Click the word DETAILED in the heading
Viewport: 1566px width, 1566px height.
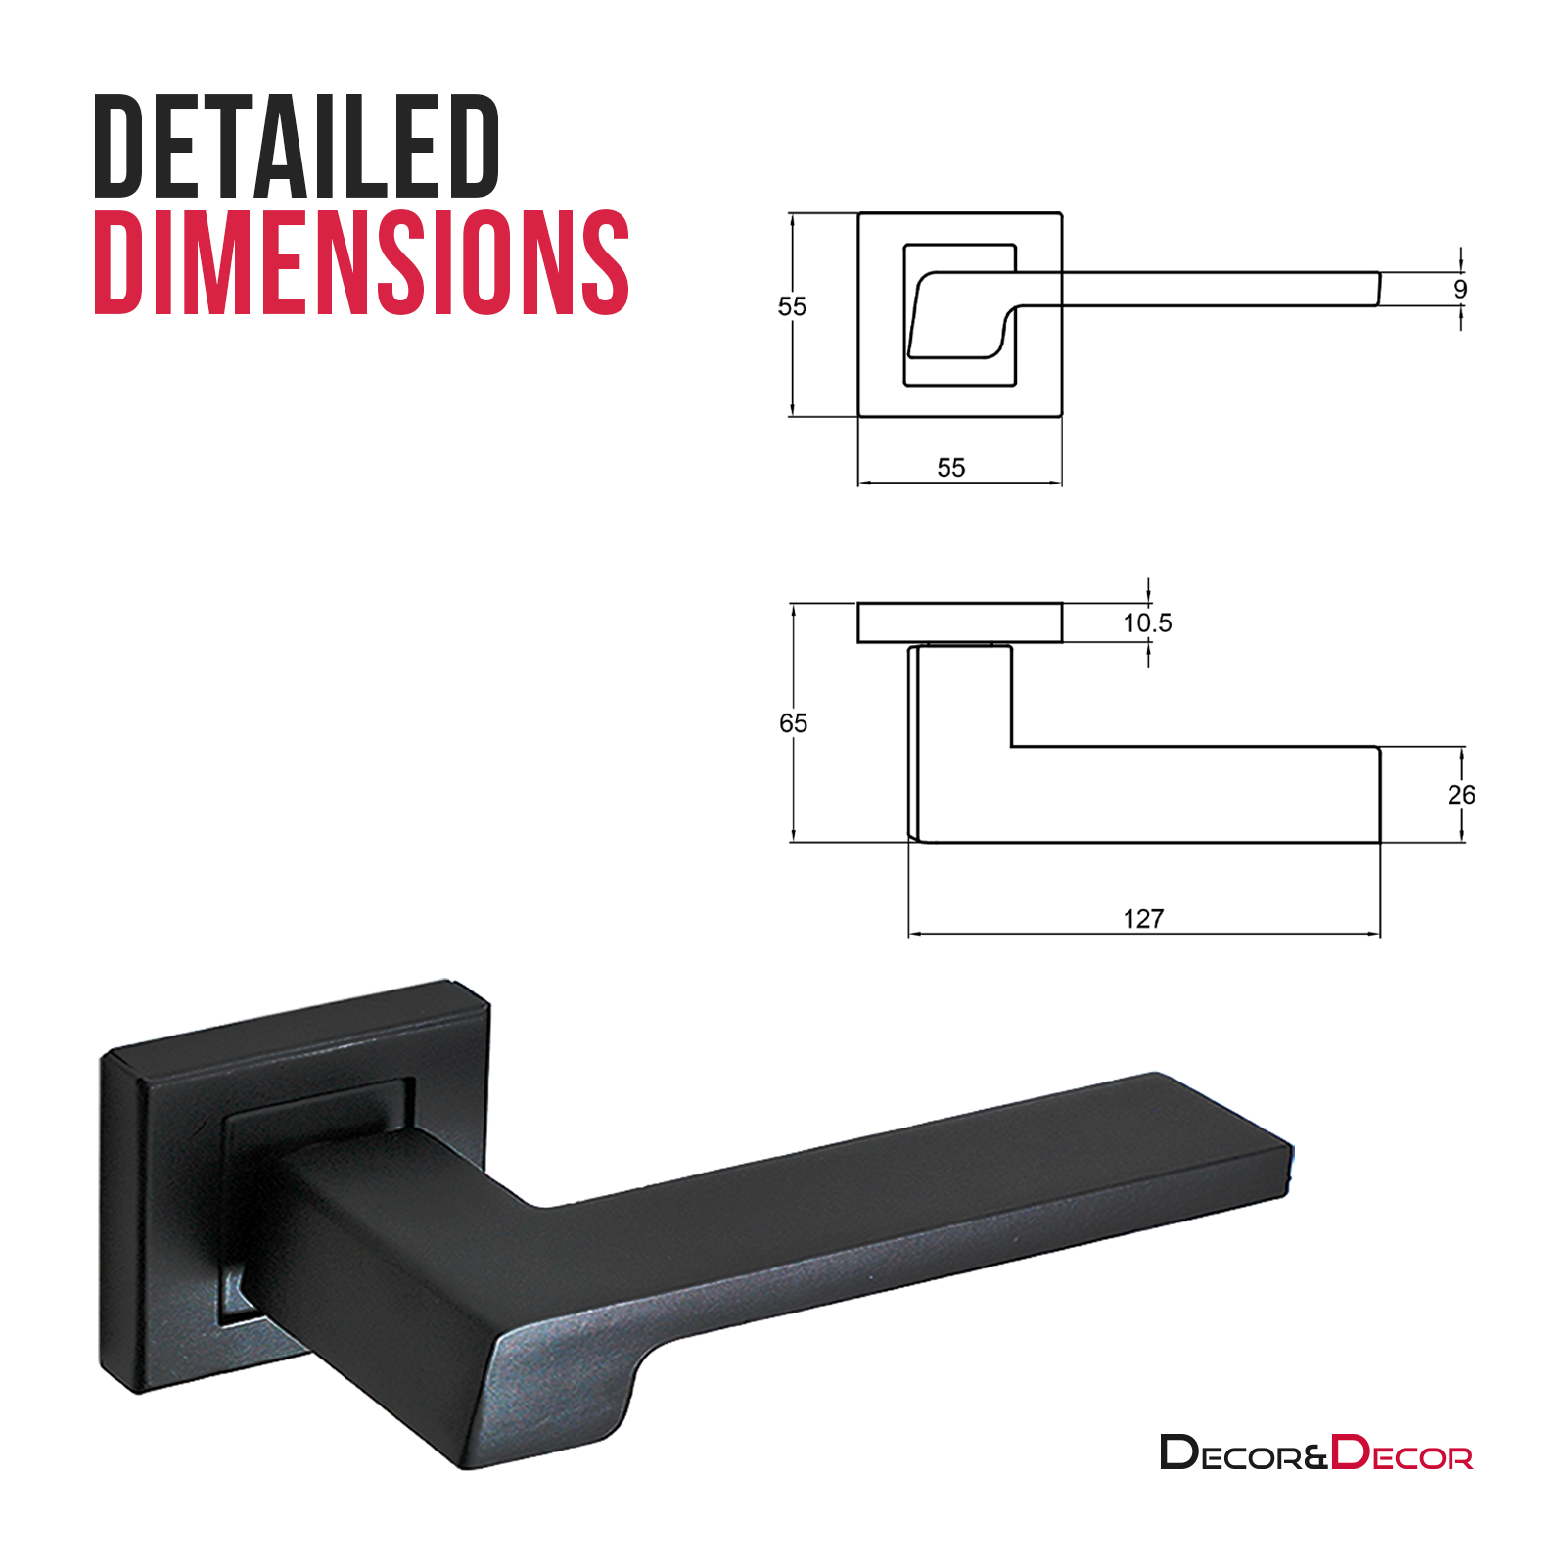(297, 146)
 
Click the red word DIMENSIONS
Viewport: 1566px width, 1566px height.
(361, 262)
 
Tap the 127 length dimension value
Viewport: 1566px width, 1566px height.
(1143, 918)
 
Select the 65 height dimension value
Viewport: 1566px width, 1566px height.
(793, 723)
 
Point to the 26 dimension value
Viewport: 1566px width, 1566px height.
(1460, 795)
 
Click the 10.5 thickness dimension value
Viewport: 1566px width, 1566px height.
(1146, 622)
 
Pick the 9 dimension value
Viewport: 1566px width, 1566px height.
(1460, 289)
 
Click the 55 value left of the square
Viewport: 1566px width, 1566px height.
(792, 306)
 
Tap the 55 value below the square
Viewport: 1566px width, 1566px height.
(950, 468)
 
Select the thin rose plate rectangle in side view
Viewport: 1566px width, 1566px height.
(959, 622)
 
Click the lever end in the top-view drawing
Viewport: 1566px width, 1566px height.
(1375, 290)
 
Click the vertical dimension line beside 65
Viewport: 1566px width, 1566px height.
(793, 783)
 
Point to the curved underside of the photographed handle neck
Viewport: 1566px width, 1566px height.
(626, 1390)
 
